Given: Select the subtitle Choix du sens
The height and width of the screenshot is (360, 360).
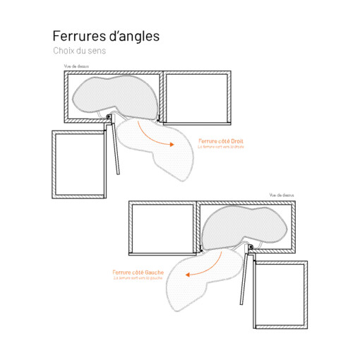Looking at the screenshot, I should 78,52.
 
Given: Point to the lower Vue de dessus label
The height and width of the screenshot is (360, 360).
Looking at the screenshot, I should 280,194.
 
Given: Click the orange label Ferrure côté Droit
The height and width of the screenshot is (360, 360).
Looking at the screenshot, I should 221,141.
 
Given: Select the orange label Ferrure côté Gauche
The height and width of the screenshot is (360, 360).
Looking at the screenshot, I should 138,272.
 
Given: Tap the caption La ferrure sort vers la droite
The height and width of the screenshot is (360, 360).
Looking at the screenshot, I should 220,147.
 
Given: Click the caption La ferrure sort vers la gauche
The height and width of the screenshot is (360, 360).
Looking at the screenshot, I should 138,277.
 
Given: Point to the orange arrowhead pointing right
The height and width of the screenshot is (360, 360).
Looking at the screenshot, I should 172,144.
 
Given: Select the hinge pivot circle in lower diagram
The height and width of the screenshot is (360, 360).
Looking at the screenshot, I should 248,245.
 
